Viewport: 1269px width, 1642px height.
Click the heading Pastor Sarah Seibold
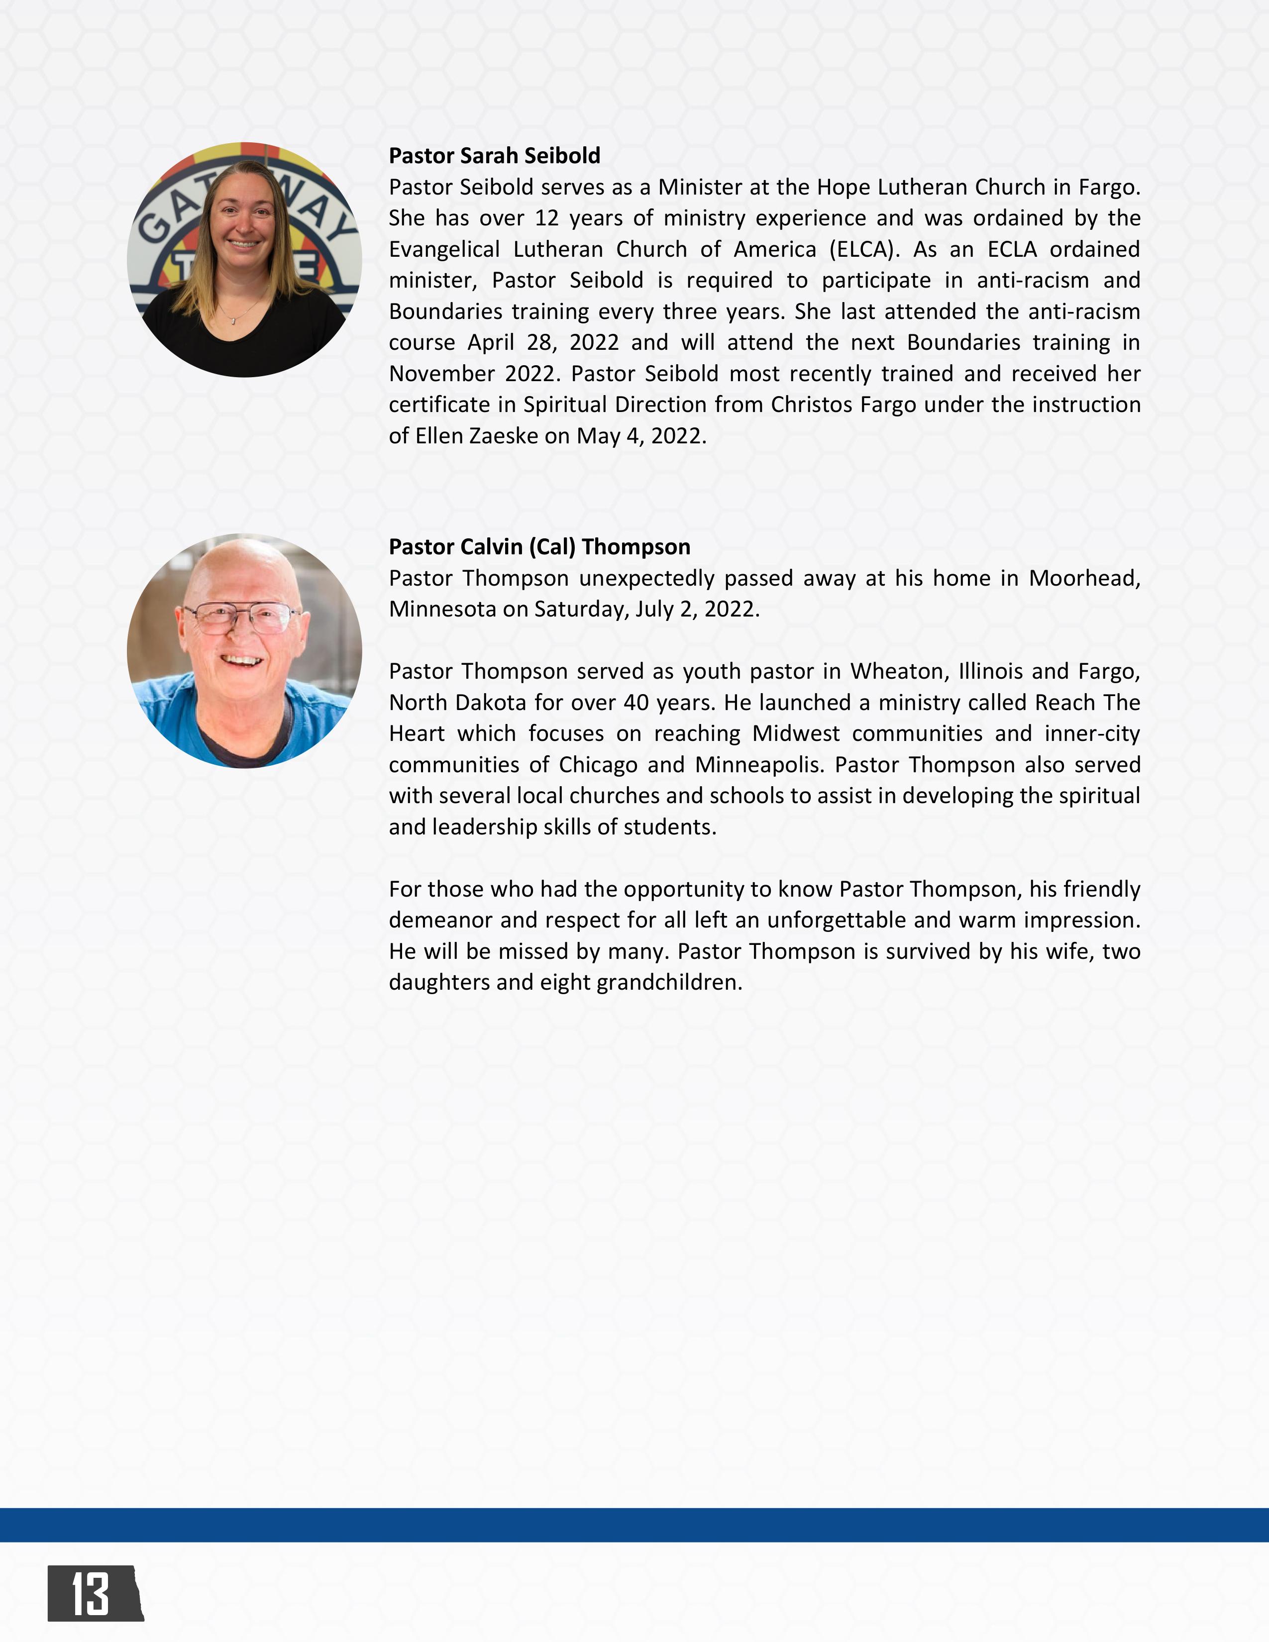coord(494,156)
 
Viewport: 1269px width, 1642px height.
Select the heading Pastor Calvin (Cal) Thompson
coord(539,546)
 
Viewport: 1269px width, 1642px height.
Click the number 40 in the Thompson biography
coord(636,702)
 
